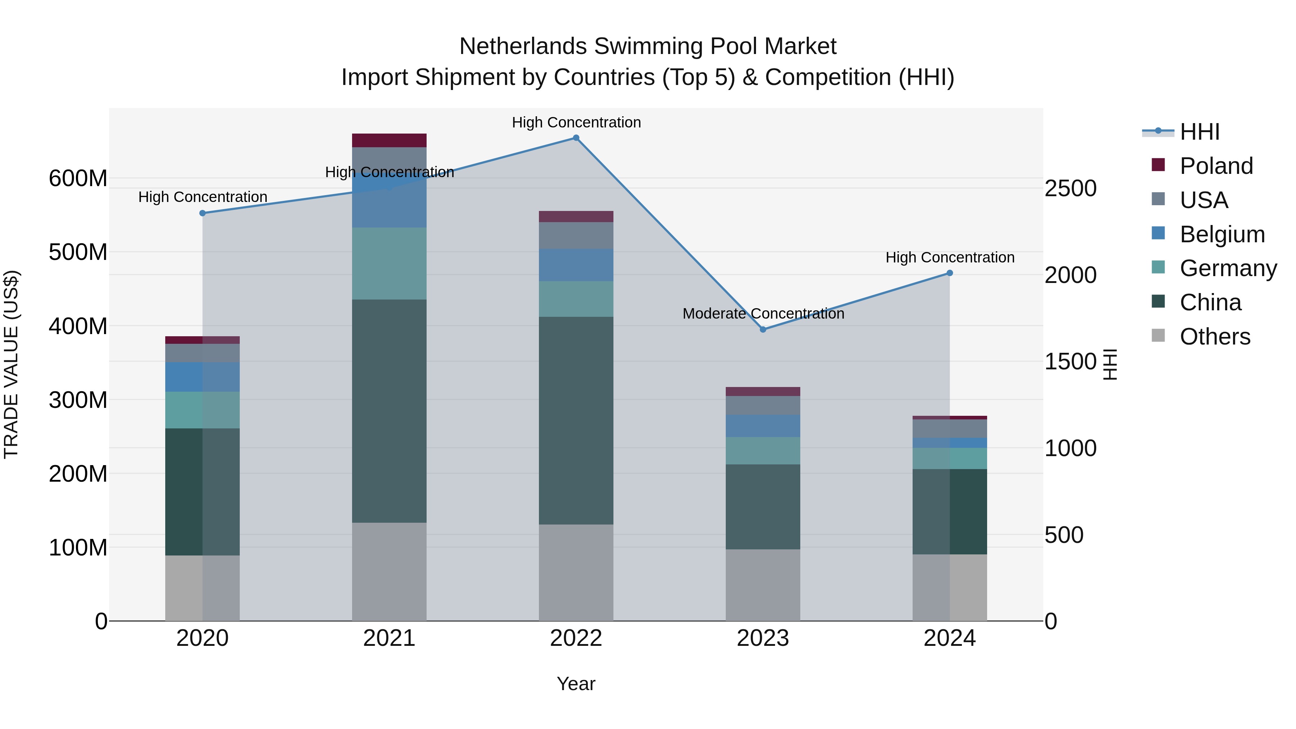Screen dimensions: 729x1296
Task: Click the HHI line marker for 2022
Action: click(576, 138)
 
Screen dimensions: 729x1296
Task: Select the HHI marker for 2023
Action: click(763, 329)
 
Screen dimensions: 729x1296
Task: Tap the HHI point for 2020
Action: click(203, 213)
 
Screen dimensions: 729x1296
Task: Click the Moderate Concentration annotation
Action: click(763, 314)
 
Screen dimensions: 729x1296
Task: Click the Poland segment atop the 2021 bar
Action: click(389, 140)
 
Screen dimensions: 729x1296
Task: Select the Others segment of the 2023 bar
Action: click(763, 585)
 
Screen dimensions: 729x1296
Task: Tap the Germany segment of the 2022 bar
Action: click(576, 299)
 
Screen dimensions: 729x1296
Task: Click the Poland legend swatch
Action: click(1158, 165)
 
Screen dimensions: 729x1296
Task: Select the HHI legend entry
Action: click(1200, 132)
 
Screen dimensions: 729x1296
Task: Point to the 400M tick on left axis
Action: click(78, 327)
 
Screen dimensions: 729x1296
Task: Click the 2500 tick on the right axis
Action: click(1070, 189)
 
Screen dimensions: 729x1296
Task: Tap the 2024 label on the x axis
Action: click(949, 638)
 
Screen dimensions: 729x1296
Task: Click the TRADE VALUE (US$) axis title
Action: click(11, 364)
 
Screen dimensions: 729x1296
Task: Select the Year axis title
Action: click(576, 684)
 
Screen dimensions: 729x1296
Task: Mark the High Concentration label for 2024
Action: click(949, 258)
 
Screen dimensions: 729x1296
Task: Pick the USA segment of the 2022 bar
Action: click(576, 235)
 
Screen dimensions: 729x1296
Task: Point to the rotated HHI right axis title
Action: click(1110, 364)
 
